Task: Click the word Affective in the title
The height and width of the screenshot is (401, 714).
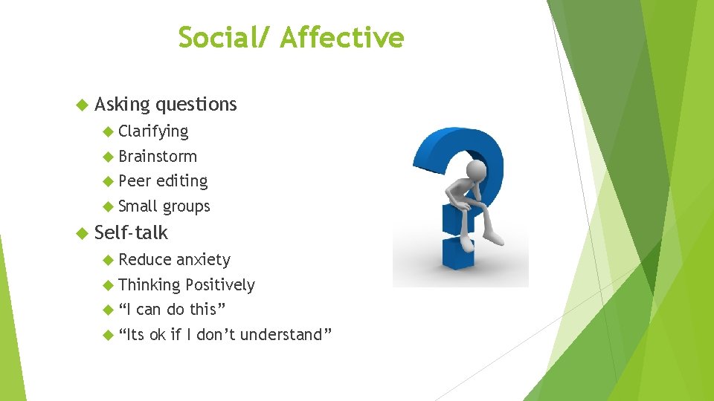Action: click(342, 37)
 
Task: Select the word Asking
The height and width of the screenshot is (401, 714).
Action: click(123, 105)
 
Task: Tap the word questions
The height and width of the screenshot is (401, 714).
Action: click(196, 105)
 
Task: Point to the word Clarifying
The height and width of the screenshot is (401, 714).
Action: click(153, 131)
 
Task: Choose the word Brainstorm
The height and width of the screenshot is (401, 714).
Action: click(158, 156)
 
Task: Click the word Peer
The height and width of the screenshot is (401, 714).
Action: click(135, 180)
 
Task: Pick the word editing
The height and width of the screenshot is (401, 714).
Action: click(182, 180)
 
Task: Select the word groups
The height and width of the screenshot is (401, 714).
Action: click(187, 206)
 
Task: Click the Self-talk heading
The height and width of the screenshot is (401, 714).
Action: click(132, 232)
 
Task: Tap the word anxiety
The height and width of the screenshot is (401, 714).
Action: click(203, 259)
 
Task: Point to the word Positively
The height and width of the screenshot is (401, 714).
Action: click(220, 284)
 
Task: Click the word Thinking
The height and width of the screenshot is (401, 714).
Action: click(149, 284)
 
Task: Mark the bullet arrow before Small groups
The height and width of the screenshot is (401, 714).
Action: click(109, 206)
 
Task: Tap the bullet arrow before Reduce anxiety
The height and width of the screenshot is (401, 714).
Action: click(109, 259)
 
